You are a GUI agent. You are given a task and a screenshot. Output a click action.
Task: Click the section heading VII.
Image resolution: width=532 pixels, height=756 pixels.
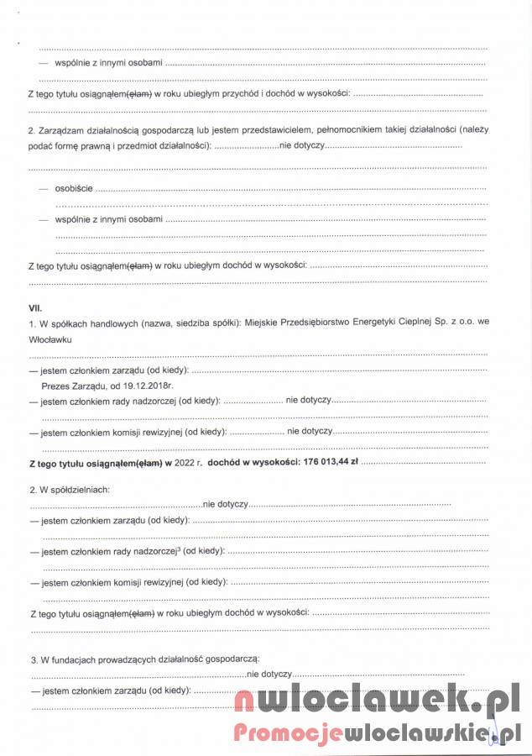click(x=35, y=309)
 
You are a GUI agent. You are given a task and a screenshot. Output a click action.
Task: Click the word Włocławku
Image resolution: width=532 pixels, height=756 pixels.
click(x=50, y=339)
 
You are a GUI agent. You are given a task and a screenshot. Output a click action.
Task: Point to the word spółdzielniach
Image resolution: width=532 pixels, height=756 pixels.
click(x=80, y=489)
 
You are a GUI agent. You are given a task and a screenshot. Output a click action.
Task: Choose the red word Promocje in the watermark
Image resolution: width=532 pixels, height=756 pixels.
click(x=285, y=733)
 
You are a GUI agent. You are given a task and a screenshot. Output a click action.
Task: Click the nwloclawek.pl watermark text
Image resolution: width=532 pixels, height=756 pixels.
click(x=378, y=700)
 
